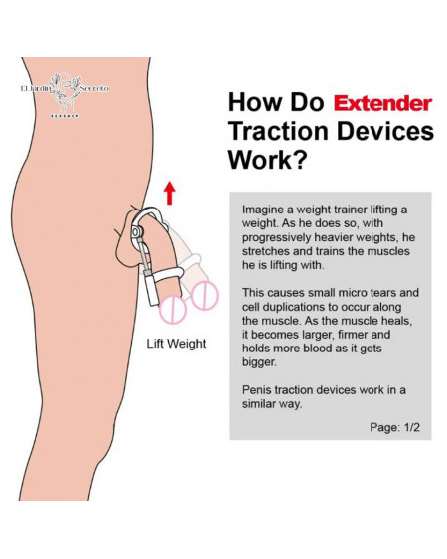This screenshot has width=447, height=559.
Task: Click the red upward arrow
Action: [170, 194]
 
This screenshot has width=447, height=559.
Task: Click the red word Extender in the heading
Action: [382, 103]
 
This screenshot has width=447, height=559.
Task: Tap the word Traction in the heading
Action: [278, 131]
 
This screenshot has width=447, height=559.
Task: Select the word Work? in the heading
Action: [267, 159]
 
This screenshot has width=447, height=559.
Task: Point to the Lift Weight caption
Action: [176, 344]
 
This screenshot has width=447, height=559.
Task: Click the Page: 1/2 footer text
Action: [394, 427]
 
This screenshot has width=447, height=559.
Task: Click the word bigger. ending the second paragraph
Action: [259, 362]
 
